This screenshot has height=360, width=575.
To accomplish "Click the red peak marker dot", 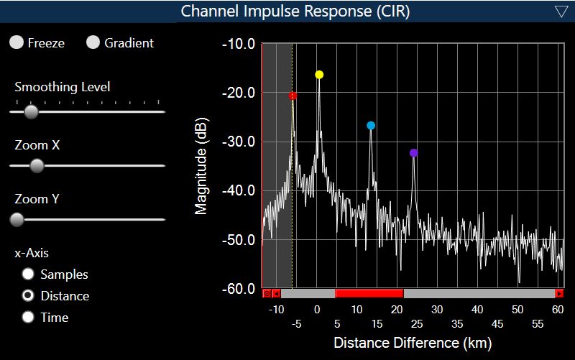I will click(x=293, y=96).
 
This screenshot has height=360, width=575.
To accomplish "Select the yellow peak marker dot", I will click(x=319, y=75).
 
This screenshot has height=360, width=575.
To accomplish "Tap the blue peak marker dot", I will click(x=371, y=126).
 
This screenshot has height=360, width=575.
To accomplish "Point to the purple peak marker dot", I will click(x=413, y=153).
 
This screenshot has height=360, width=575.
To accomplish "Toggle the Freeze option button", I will click(x=17, y=43).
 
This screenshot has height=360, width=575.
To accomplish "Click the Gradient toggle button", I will click(x=93, y=43).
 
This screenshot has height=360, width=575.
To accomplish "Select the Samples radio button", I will click(x=29, y=274).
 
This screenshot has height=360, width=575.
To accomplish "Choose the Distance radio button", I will click(x=29, y=295).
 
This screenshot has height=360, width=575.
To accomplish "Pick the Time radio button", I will click(x=29, y=317).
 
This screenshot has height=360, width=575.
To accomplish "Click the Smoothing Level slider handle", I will click(x=31, y=111).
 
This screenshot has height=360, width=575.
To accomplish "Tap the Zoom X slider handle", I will click(x=37, y=166).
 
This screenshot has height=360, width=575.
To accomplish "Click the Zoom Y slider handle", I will click(x=17, y=219).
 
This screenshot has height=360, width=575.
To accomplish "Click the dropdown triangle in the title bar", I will click(x=561, y=11).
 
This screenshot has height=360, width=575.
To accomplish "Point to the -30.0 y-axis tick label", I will click(x=240, y=142).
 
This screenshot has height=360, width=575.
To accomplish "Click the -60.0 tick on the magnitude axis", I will click(x=240, y=289).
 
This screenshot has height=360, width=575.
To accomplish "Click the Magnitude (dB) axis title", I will click(x=202, y=166).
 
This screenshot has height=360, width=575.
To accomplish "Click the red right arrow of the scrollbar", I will click(x=559, y=293).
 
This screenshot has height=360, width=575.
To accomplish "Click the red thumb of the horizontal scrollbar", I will click(x=369, y=293).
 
